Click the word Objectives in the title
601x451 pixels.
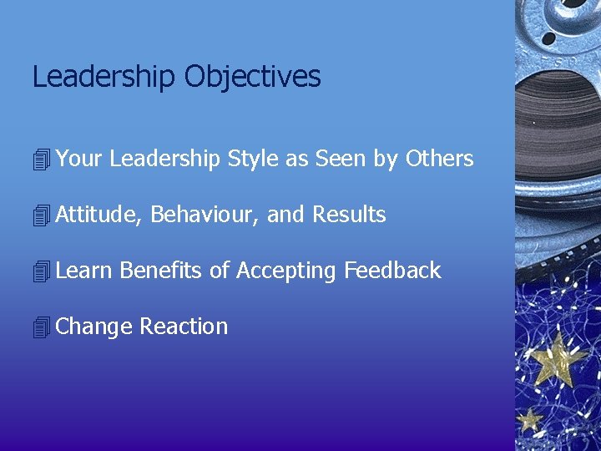point(252,77)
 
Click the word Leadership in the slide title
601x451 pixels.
point(104,77)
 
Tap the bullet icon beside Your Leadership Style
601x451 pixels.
point(41,160)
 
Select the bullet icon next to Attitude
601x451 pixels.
point(41,215)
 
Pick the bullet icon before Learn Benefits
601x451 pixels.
point(41,271)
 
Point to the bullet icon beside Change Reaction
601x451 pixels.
point(41,327)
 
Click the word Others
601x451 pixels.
point(439,159)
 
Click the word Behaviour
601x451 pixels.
point(205,215)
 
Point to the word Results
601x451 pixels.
point(349,215)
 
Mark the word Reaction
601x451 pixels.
point(184,327)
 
